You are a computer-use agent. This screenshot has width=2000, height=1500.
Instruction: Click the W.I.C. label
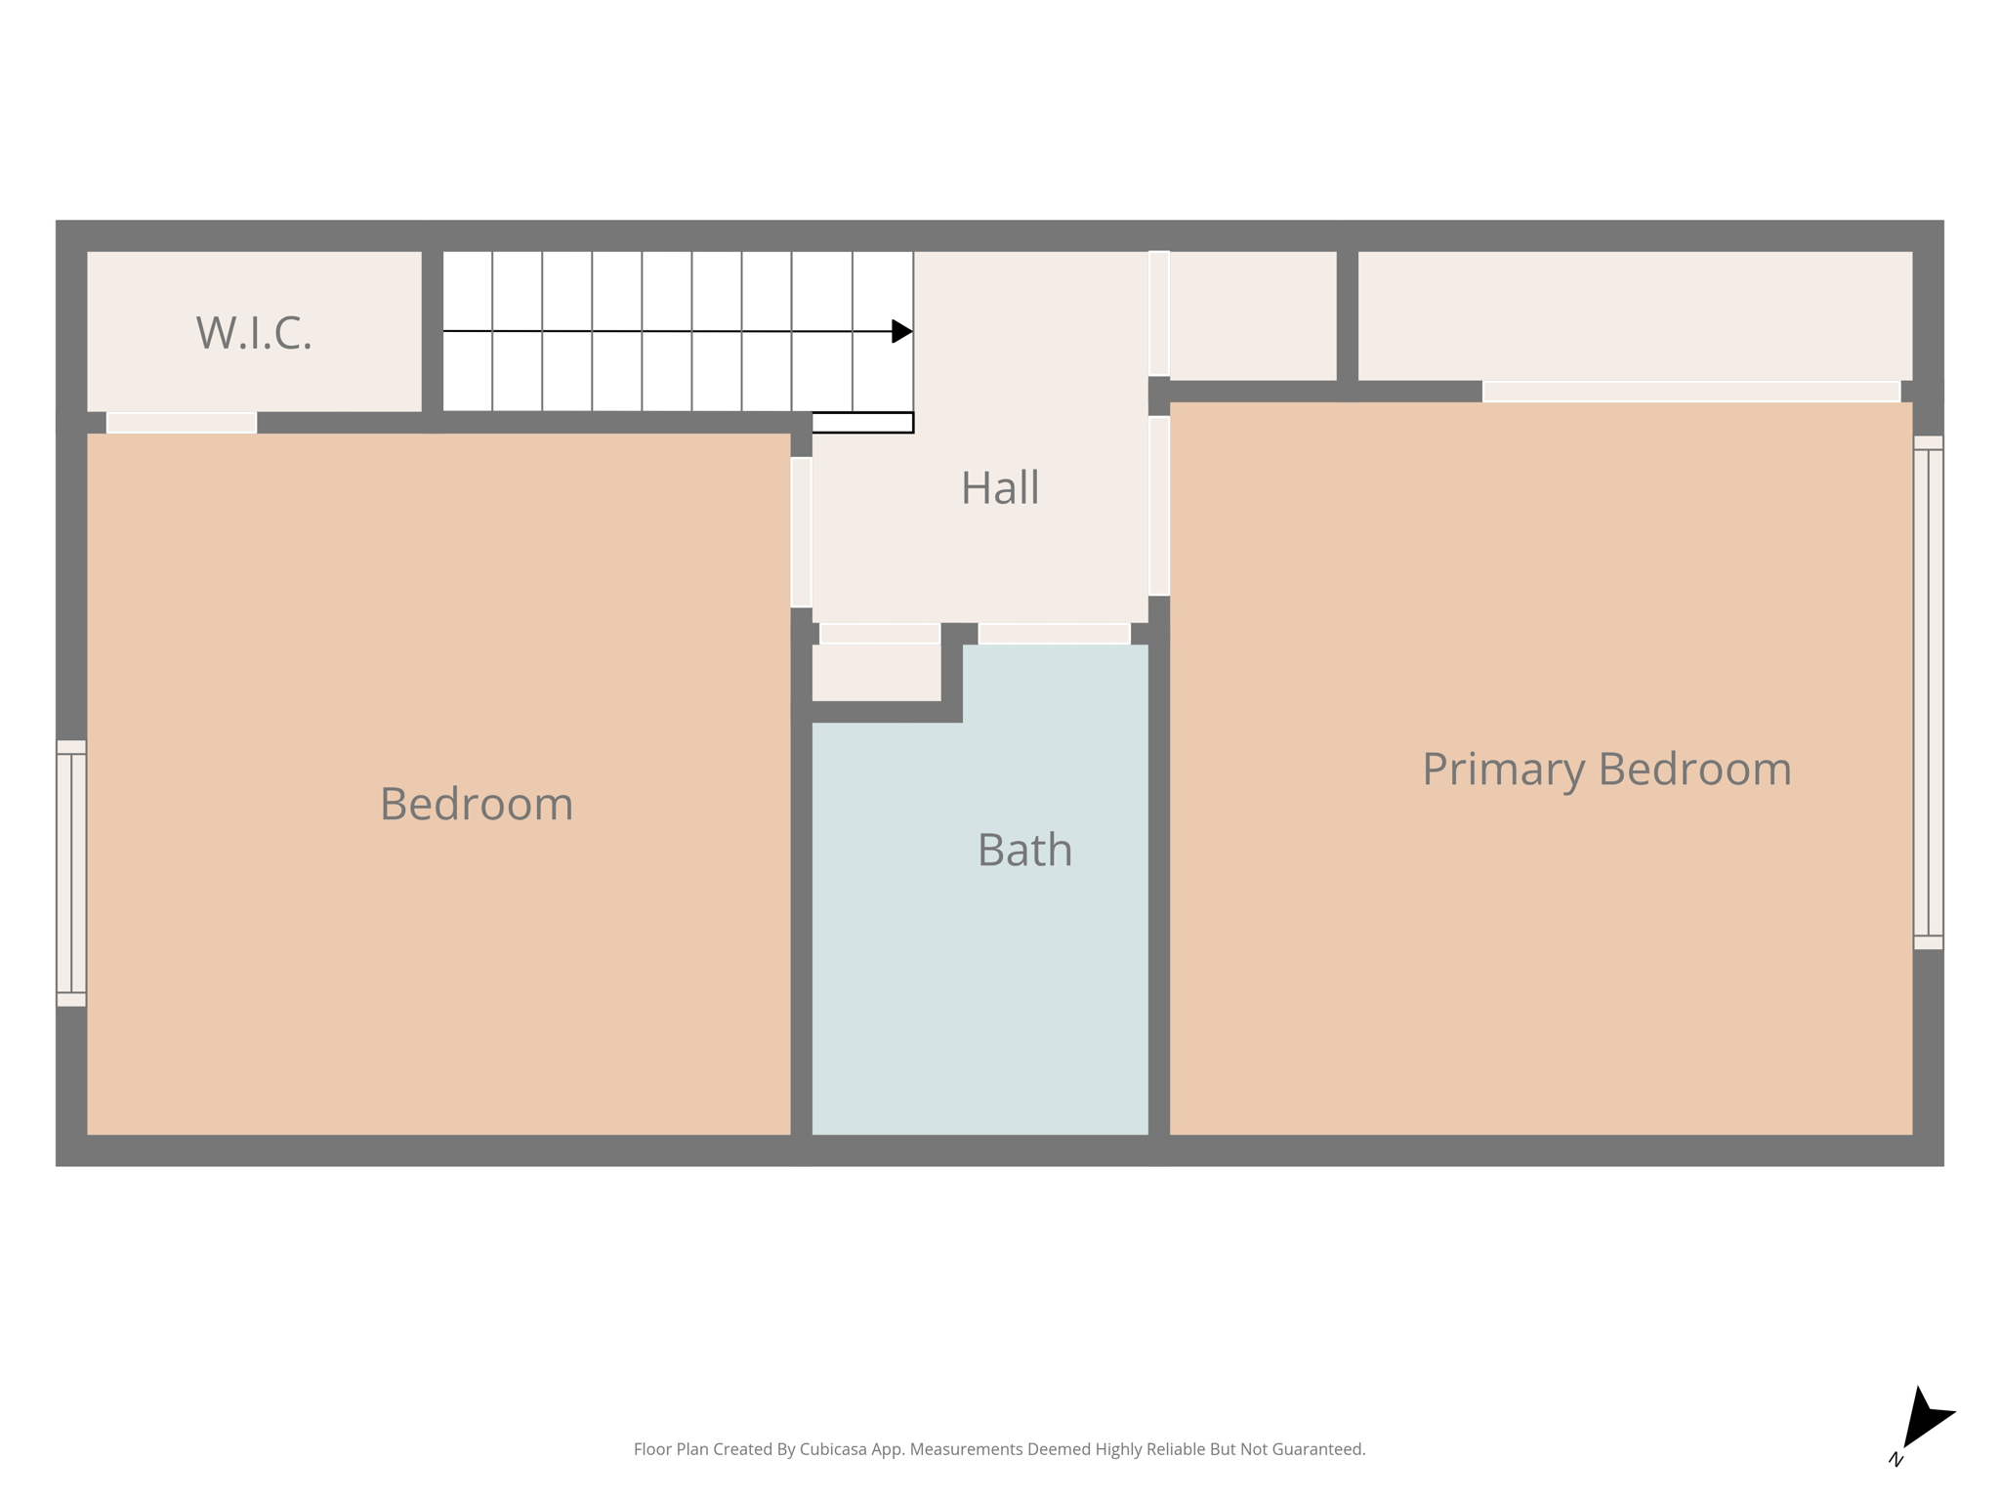(254, 333)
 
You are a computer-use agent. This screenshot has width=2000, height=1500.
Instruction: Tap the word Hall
(999, 487)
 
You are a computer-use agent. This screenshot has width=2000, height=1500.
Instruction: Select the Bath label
(1024, 850)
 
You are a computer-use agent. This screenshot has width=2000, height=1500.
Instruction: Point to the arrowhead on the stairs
(901, 331)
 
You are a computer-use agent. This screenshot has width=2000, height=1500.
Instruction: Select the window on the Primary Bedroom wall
(1928, 692)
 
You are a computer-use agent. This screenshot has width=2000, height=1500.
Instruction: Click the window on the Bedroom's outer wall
(71, 873)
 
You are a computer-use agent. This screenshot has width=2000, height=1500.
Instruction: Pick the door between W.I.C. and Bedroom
(182, 423)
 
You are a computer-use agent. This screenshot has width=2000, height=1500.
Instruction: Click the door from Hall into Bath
(1054, 634)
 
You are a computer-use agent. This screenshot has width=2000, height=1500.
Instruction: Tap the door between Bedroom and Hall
(801, 532)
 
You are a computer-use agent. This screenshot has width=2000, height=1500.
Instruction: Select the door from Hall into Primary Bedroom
(1159, 506)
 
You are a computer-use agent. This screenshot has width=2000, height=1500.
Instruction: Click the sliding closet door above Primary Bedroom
(1690, 392)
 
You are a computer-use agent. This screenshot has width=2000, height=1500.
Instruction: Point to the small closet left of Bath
(876, 672)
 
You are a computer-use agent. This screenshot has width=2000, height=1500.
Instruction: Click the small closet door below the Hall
(879, 634)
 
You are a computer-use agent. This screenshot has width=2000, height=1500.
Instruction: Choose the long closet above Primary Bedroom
(1634, 315)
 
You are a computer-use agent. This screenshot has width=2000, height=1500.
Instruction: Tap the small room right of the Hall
(1252, 315)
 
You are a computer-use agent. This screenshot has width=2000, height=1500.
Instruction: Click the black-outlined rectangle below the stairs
(862, 423)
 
